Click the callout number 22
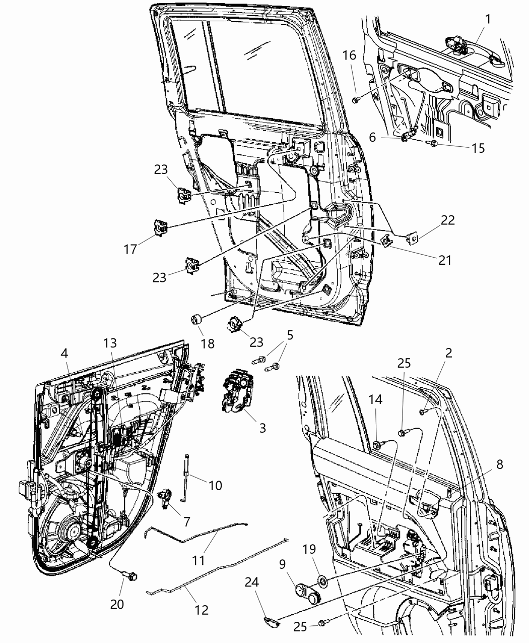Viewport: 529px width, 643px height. pos(447,220)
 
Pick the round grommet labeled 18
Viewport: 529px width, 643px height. pos(196,320)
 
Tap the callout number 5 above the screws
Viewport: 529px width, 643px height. pos(290,335)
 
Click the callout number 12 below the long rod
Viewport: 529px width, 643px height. pos(201,610)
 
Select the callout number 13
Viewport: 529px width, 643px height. pos(110,343)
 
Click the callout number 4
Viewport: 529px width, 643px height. pos(65,354)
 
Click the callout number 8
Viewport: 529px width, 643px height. pos(499,465)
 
